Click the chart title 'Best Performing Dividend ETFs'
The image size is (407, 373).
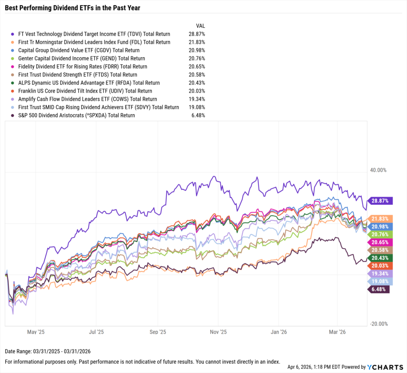73,8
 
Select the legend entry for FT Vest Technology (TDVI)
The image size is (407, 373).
94,34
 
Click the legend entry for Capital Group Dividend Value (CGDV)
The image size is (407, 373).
79,50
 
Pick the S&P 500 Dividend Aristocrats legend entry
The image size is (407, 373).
76,116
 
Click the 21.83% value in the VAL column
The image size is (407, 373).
197,42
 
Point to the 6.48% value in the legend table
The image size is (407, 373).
198,116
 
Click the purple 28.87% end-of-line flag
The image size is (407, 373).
381,201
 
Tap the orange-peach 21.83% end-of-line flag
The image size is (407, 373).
381,219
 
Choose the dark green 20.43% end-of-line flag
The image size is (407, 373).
381,258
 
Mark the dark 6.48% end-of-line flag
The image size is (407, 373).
379,289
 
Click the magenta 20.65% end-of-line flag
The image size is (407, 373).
381,242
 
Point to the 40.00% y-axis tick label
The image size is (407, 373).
378,170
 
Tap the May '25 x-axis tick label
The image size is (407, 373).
35,332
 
